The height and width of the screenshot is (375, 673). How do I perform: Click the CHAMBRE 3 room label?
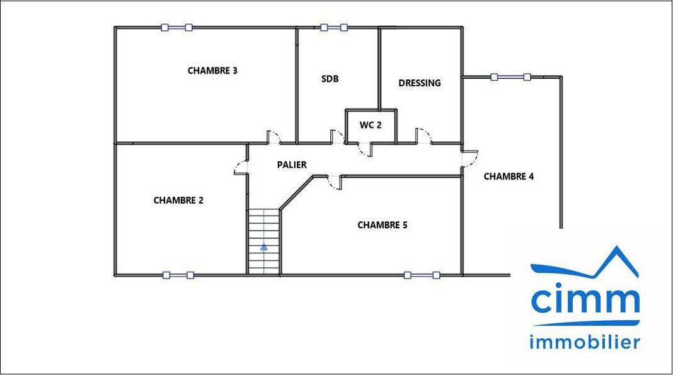point(212,71)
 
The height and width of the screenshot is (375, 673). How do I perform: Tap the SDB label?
point(330,79)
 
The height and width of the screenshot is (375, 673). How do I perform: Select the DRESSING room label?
point(419,83)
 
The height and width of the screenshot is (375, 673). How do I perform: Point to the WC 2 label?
point(371,125)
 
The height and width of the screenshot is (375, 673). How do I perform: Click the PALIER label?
point(292,164)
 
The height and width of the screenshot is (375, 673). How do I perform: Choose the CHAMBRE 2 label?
point(178,200)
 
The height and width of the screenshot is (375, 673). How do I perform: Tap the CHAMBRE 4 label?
point(509,176)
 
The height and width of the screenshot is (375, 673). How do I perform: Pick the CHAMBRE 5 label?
point(382,225)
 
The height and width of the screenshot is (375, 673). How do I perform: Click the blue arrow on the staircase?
point(264,247)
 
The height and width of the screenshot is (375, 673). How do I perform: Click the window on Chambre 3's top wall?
point(177,28)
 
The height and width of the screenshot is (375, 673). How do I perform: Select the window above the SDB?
point(334,28)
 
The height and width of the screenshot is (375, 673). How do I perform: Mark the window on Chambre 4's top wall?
point(511,78)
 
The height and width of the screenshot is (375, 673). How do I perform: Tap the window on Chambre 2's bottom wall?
point(178,275)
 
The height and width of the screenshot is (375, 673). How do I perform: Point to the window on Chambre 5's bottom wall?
point(422,275)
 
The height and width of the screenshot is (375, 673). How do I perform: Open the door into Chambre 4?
point(469,159)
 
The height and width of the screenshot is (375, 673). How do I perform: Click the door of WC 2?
point(365,149)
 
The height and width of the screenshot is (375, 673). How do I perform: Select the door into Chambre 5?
point(335,182)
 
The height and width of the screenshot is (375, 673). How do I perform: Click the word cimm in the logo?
point(585,299)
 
